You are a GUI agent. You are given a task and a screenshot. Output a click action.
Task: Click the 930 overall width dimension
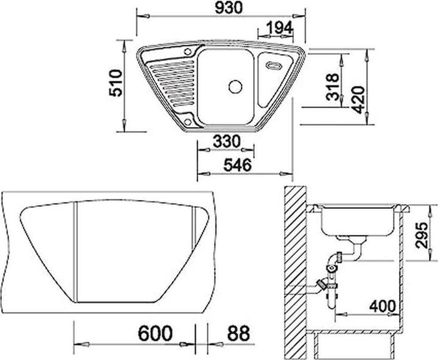(220, 9)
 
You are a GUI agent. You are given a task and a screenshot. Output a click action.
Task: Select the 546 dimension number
(230, 166)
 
